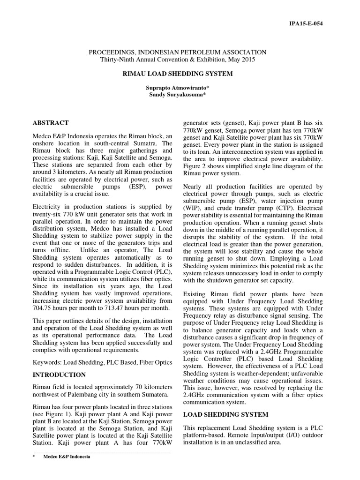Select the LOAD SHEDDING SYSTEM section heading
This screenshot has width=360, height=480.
(x=225, y=414)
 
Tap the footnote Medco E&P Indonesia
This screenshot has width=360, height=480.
(x=67, y=457)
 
